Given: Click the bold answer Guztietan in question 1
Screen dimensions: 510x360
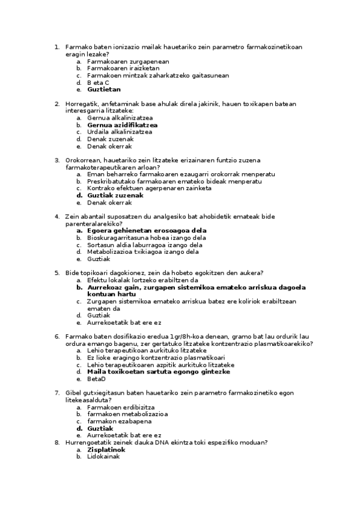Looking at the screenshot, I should coord(103,90).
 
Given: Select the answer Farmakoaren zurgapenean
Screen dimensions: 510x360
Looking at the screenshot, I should coord(128,61).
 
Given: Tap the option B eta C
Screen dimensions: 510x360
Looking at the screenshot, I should coord(98,82).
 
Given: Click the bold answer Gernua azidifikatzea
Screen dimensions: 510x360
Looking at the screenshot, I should coord(122,125).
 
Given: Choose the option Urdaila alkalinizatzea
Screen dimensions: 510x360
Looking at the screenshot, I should coord(119,132).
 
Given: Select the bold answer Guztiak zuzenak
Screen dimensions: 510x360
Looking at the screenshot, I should coord(115,195).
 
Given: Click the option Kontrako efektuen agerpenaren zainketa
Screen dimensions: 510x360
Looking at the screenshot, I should coord(149,188).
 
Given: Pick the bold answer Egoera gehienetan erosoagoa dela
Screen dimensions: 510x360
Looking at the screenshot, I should coord(147,230).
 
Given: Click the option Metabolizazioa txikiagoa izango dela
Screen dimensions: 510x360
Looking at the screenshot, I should coord(142,252).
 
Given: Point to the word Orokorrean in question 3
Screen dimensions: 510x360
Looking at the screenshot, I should coord(83,161).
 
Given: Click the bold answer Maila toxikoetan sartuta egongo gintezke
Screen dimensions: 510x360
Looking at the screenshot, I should coord(159,372).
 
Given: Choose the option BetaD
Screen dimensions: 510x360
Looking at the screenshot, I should coord(96,379).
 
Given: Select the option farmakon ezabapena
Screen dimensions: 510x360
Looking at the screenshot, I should coord(119,421).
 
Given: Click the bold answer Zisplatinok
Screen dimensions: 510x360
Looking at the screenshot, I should coord(106,449).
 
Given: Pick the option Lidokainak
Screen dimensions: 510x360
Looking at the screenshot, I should coord(103,456).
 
